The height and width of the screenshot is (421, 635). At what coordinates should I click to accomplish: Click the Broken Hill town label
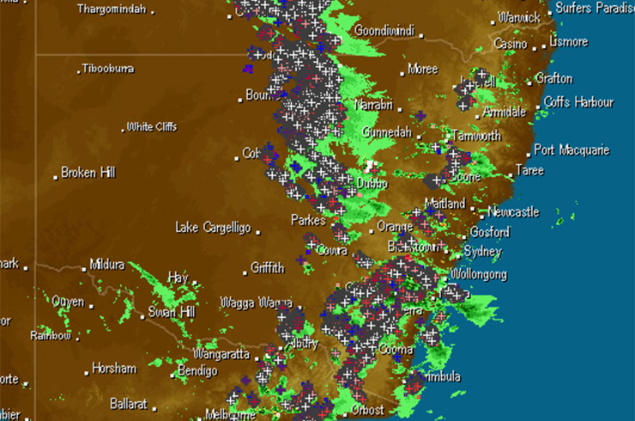point(88,173)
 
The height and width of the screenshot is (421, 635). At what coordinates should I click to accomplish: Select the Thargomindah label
point(112,9)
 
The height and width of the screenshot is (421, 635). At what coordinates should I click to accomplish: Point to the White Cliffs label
point(152,127)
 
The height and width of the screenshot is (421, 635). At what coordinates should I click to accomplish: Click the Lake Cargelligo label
point(213,228)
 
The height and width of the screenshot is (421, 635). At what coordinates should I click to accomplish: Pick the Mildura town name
point(107,265)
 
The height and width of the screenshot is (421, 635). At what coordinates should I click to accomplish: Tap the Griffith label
point(268,268)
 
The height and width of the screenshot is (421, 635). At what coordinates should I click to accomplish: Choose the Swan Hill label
point(174,312)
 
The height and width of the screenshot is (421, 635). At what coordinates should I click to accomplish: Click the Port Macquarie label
point(571,150)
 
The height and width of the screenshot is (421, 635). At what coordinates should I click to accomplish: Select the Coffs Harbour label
point(579,102)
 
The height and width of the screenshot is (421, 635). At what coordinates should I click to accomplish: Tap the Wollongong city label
point(478,275)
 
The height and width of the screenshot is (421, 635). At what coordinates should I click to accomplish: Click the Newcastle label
point(513,211)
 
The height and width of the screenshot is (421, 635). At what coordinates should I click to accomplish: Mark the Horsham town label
point(115,369)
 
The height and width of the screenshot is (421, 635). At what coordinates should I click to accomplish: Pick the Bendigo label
point(197,371)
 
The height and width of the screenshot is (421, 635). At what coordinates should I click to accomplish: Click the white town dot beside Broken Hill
point(56,174)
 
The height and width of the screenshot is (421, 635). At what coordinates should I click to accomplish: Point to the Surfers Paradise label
point(595,8)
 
